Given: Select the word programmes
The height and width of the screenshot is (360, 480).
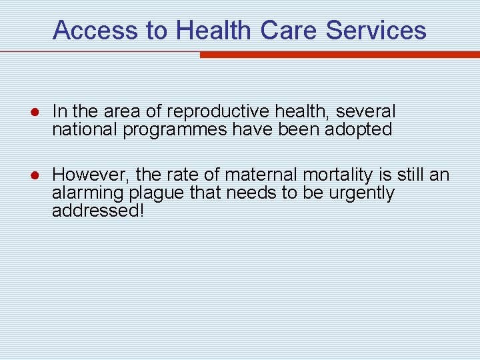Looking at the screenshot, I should (175, 129).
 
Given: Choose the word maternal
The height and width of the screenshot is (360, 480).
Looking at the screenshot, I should (261, 175).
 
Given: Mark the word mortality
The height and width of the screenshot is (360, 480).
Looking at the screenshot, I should (337, 175).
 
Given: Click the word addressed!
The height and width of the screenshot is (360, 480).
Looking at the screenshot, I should (99, 211).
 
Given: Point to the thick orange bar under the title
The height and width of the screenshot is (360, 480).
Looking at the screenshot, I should (339, 55).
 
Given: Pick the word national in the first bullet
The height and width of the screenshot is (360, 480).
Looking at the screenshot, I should (85, 129).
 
